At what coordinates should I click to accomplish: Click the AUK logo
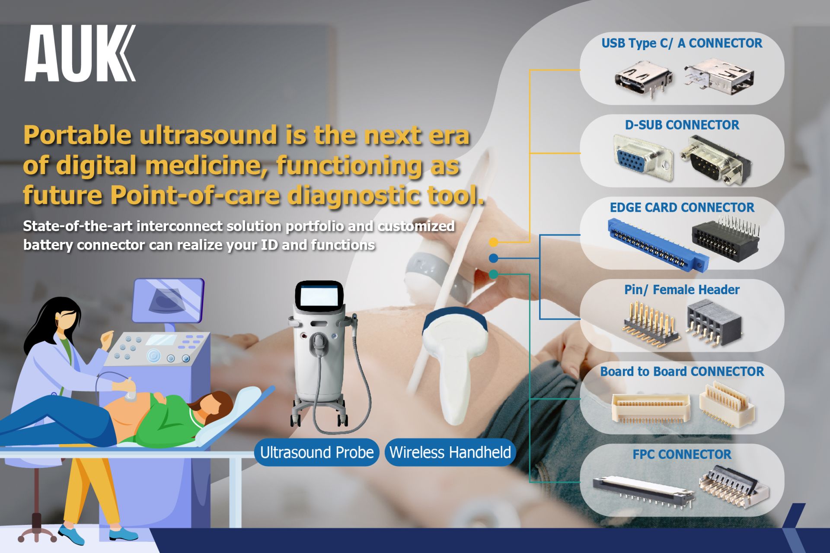tap(80, 53)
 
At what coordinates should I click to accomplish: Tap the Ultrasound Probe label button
tap(317, 452)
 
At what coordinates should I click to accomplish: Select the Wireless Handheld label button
tap(450, 452)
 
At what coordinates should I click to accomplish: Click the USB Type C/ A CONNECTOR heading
tap(682, 43)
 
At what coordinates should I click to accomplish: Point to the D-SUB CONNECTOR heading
tap(682, 125)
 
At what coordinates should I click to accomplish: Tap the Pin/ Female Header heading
tap(682, 289)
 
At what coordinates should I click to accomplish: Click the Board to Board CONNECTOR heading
tap(682, 372)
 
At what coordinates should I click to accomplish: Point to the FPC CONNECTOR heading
tap(682, 454)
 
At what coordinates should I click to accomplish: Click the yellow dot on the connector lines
tap(494, 242)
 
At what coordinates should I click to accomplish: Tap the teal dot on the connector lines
tap(494, 274)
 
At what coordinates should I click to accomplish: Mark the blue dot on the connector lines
tap(494, 258)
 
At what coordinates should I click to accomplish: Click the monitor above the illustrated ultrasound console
tap(168, 300)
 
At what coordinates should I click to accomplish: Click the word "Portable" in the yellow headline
tap(77, 135)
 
